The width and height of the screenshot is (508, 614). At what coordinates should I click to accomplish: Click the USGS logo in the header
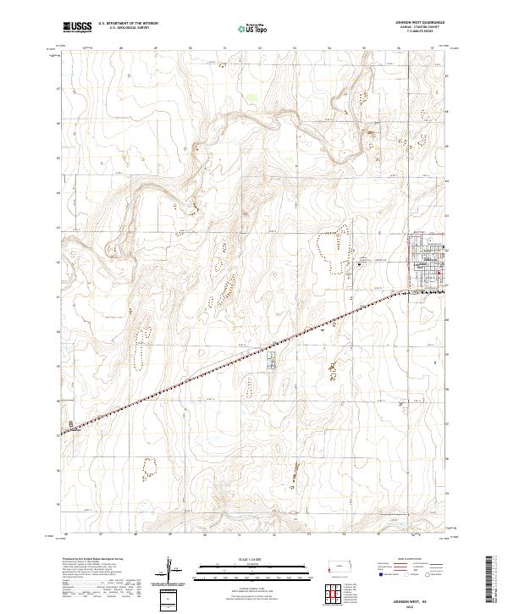click(x=77, y=27)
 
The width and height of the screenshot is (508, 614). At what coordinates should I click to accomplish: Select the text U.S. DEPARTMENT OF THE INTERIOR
click(x=129, y=24)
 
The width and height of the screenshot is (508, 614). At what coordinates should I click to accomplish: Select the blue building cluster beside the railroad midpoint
click(x=272, y=362)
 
